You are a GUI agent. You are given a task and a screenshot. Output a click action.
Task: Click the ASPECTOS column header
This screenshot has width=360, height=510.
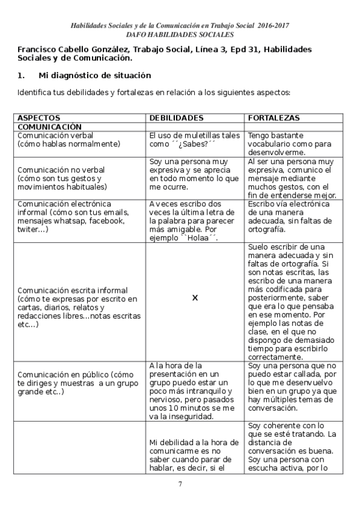click(x=39, y=118)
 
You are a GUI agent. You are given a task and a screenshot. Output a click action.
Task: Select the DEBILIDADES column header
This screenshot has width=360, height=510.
click(x=176, y=118)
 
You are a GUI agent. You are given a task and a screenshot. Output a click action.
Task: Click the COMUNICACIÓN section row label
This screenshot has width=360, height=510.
click(x=49, y=127)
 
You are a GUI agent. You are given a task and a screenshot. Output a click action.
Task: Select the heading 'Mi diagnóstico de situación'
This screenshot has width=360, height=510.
click(x=94, y=76)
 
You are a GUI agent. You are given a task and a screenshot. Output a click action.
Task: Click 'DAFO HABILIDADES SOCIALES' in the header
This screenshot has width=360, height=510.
click(x=180, y=35)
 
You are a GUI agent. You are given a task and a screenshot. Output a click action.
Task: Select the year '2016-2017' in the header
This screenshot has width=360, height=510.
click(x=273, y=26)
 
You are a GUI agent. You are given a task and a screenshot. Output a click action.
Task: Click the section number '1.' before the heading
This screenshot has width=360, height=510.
click(x=21, y=76)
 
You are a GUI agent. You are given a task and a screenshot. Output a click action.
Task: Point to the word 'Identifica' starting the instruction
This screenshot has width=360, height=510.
click(x=35, y=93)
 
